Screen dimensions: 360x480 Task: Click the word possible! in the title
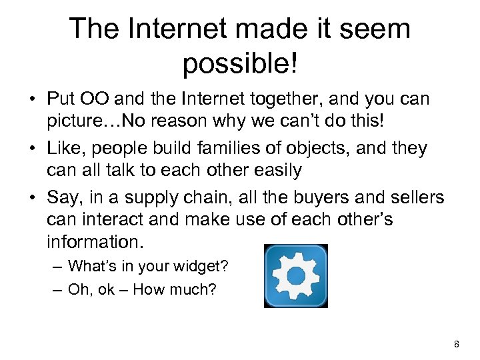[239, 65]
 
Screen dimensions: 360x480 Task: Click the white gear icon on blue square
[296, 275]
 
